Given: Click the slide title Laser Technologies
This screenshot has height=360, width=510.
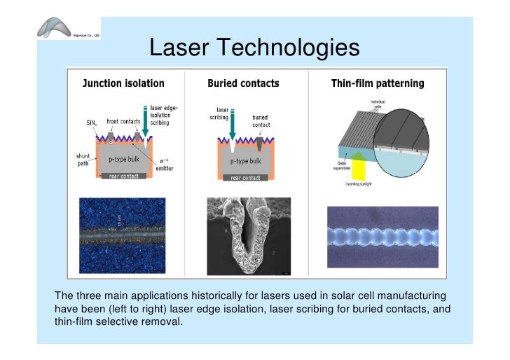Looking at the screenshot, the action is pos(254,48).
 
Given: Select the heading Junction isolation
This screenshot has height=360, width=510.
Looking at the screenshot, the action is pos(123,83).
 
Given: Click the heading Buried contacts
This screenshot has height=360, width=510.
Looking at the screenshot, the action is pos(243,83).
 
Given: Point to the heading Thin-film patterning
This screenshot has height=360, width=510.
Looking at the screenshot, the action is pos(378,83).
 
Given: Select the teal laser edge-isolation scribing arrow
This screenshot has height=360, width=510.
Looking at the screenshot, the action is pos(145,123).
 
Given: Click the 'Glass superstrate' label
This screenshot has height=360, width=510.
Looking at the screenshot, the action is pos(343,165).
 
